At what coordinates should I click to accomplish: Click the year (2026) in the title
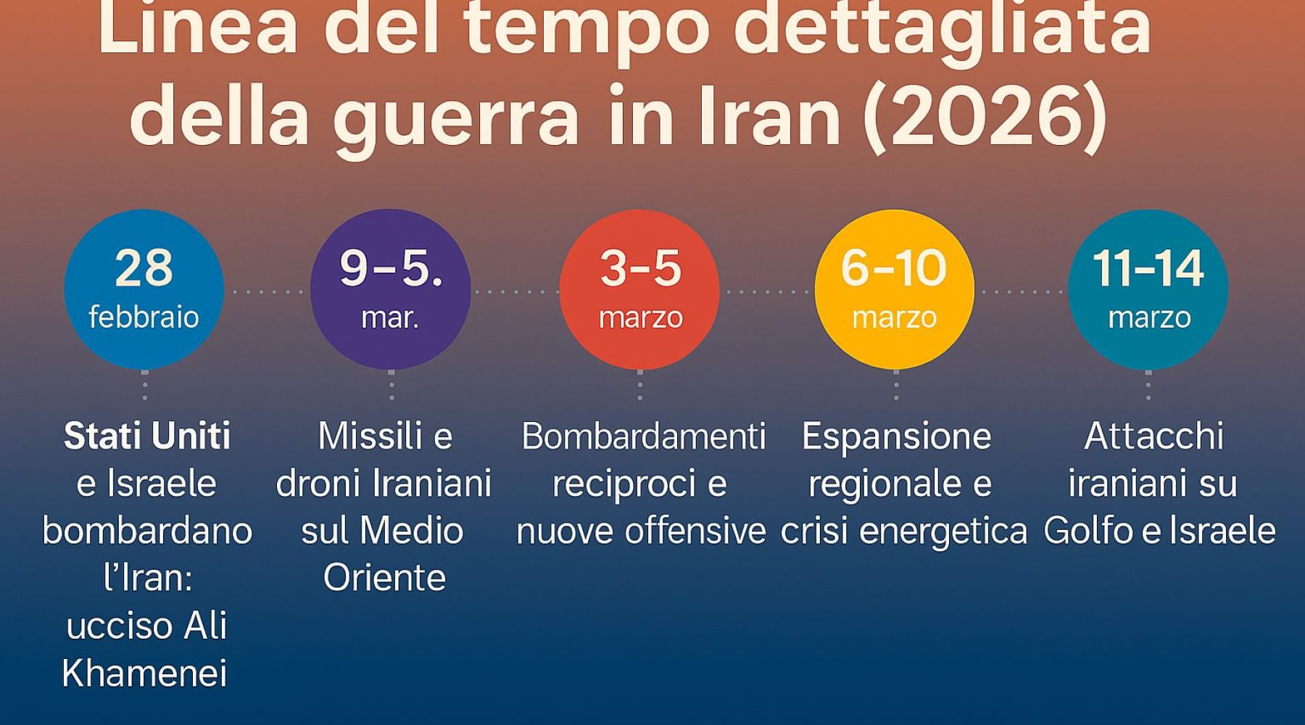pyautogui.click(x=985, y=115)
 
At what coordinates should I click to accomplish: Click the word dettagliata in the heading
pyautogui.click(x=942, y=29)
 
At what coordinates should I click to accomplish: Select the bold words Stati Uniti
pyautogui.click(x=147, y=436)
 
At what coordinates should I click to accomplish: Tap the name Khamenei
pyautogui.click(x=145, y=674)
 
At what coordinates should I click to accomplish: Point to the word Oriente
pyautogui.click(x=384, y=578)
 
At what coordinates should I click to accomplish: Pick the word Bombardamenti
pyautogui.click(x=643, y=436)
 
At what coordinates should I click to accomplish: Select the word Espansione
pyautogui.click(x=896, y=436)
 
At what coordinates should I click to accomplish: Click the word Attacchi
pyautogui.click(x=1153, y=436)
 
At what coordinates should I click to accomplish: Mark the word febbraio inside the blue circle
pyautogui.click(x=144, y=317)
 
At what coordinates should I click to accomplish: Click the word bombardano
pyautogui.click(x=147, y=531)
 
